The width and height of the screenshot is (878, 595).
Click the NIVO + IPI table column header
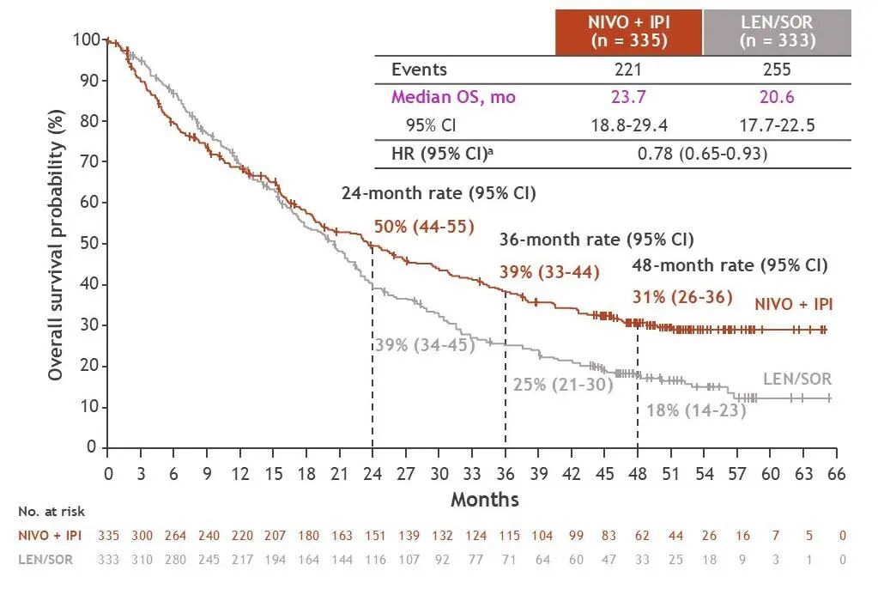[x=629, y=32]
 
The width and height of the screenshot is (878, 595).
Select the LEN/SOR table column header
[x=778, y=32]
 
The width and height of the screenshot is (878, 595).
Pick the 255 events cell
[x=778, y=70]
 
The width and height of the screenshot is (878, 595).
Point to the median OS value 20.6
[x=778, y=97]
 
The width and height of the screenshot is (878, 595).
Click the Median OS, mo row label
[x=453, y=97]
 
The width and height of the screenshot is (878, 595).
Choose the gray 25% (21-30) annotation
[x=563, y=384]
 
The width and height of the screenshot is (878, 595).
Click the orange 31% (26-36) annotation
[x=682, y=297]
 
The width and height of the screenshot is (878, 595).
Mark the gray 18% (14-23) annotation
[x=696, y=410]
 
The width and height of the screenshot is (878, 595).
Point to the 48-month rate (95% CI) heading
[x=730, y=264]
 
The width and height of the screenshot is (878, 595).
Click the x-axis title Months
[x=484, y=499]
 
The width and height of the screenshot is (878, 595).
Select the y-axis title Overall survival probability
[x=57, y=245]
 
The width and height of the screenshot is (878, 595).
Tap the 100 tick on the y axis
[x=86, y=39]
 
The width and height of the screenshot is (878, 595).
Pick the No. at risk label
[x=51, y=512]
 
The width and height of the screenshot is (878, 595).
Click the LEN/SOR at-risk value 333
[x=108, y=560]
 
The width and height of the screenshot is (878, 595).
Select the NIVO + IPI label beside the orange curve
[x=794, y=303]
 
